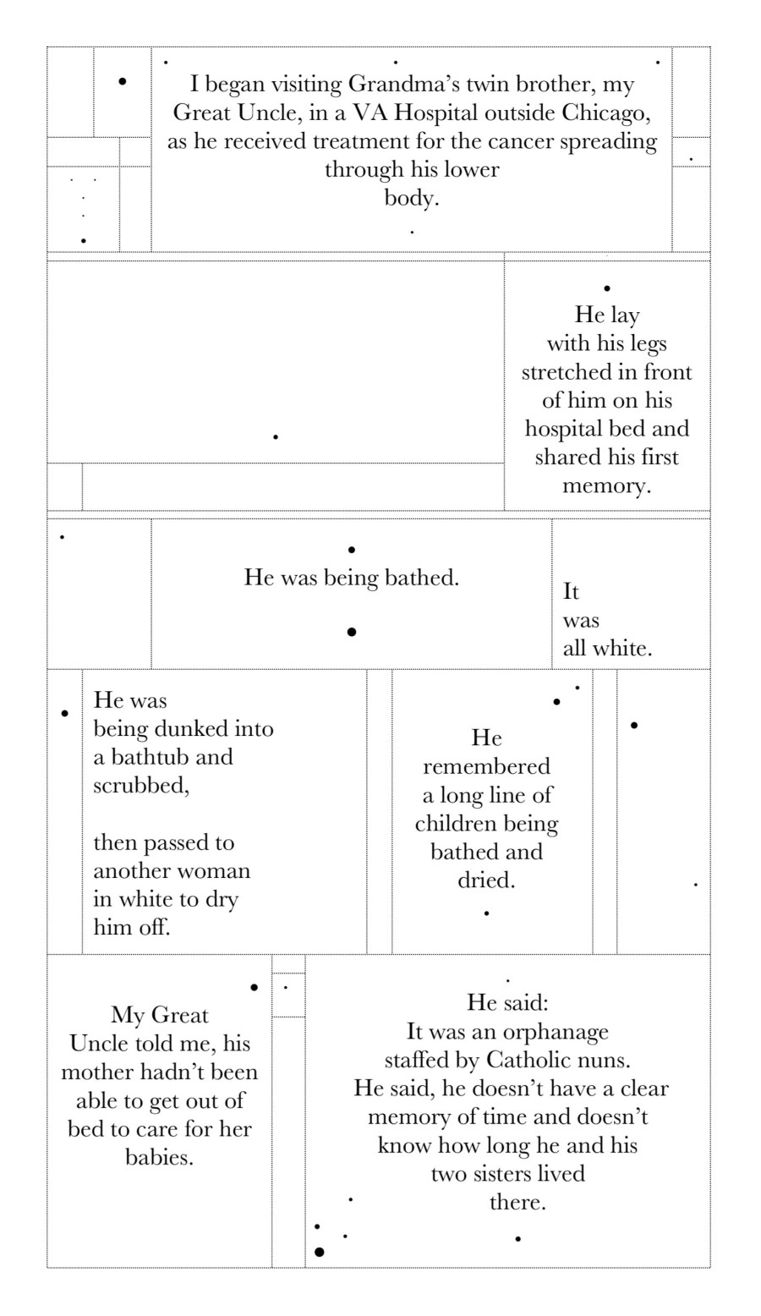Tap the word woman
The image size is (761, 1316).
click(213, 870)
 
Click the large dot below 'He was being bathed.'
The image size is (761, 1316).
click(351, 632)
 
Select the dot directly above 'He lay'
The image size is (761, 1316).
click(607, 288)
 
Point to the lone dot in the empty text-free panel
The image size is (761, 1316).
click(276, 436)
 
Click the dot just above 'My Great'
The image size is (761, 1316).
click(254, 987)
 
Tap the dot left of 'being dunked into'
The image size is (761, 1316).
click(65, 714)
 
